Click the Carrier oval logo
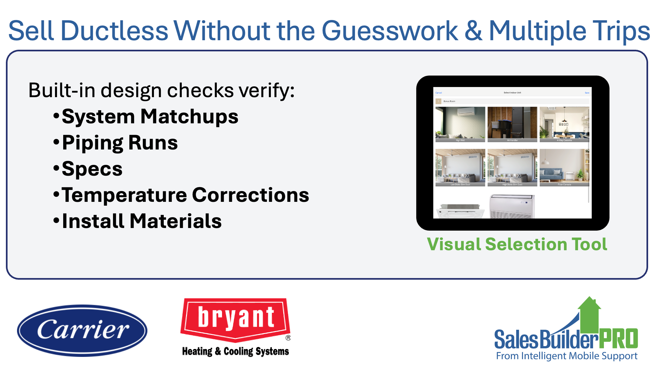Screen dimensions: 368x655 (x=82, y=330)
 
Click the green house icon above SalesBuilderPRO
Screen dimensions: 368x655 (x=589, y=314)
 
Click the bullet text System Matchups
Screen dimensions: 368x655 (x=150, y=117)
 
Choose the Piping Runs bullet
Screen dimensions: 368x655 (x=120, y=143)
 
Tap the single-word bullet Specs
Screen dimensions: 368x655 (x=92, y=169)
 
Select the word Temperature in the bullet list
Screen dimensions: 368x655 (x=124, y=195)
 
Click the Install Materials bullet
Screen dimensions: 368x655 (x=142, y=221)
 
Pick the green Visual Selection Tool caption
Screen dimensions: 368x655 (x=517, y=244)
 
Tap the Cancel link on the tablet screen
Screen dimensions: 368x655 (x=439, y=93)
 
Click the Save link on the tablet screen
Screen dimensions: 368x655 (x=587, y=93)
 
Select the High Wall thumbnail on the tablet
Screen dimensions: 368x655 (x=460, y=124)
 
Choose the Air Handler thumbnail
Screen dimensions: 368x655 (x=512, y=124)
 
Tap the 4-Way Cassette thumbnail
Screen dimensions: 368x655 (x=564, y=124)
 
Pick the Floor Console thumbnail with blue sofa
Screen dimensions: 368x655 (x=564, y=167)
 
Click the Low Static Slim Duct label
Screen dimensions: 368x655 (x=460, y=184)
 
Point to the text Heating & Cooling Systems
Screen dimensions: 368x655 (x=235, y=351)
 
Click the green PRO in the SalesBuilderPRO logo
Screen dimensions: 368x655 (x=618, y=339)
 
